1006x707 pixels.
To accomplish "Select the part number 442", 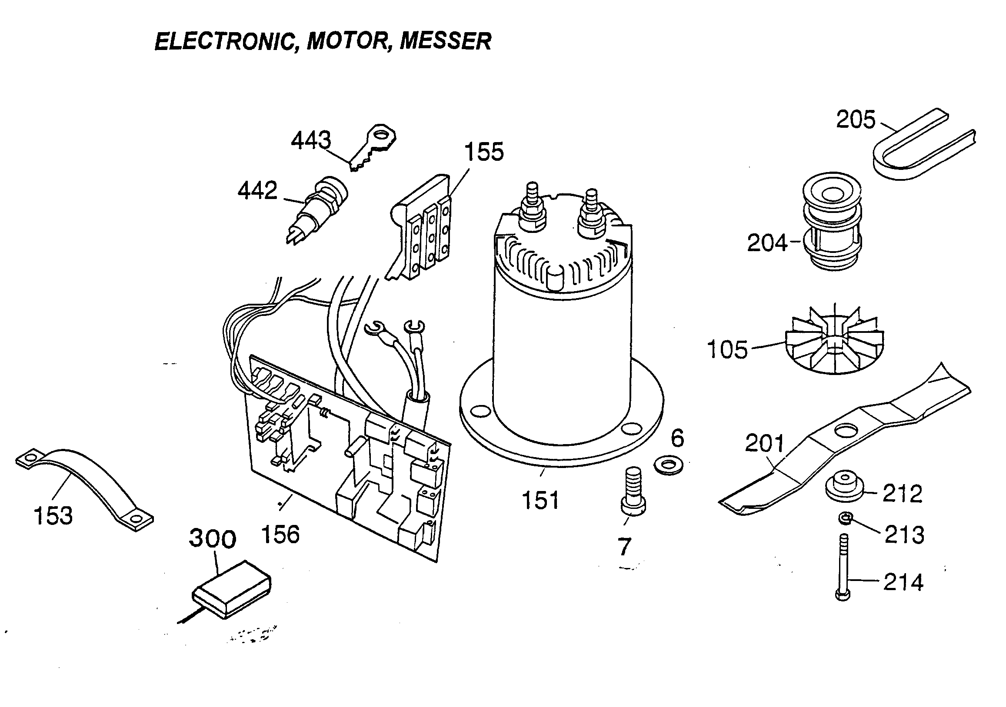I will coord(257,191).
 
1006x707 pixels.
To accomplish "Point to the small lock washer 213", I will coord(845,519).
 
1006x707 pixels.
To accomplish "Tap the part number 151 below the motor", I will coord(541,500).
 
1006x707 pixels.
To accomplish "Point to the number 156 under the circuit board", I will coord(280,534).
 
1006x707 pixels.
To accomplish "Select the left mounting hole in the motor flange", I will coord(481,412).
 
